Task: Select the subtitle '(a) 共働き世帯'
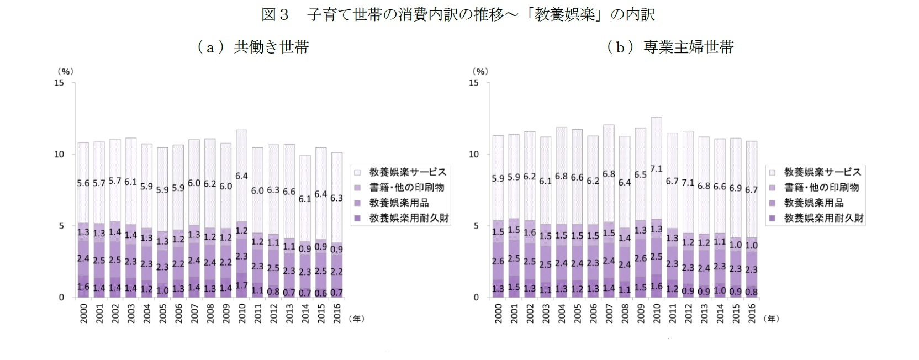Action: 252,47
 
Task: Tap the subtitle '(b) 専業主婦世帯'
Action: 670,47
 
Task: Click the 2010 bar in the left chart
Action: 242,221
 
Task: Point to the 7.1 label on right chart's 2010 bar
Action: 656,169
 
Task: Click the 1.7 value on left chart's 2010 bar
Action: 242,286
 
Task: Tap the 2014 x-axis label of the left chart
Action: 305,313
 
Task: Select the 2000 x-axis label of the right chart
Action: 498,313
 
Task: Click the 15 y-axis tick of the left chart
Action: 59,83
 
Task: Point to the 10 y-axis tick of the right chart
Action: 474,154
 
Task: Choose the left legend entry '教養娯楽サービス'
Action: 408,172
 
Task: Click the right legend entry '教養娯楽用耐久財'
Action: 823,218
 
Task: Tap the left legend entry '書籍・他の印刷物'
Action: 406,188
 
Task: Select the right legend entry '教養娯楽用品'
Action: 814,203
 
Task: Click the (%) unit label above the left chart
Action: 65,71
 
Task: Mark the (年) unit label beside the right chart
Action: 771,319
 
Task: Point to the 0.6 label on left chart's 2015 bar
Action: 321,293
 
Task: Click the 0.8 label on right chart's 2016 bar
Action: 751,292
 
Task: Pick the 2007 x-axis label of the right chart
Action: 609,313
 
